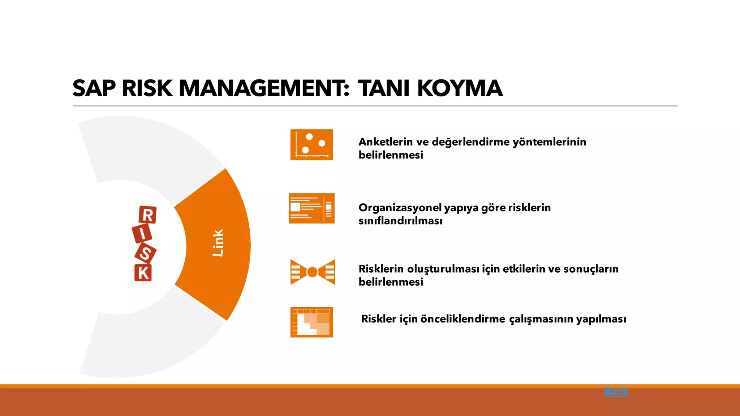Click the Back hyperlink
[616, 391]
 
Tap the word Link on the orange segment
[218, 243]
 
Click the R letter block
[147, 215]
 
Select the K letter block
[143, 273]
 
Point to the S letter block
[145, 253]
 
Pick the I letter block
[142, 234]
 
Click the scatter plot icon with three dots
[311, 145]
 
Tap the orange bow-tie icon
[313, 272]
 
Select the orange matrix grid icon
[311, 322]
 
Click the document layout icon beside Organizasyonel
[311, 208]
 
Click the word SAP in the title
[94, 88]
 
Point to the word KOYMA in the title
[460, 88]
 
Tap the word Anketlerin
[385, 142]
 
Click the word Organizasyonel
[400, 208]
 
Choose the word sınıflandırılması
[400, 221]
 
